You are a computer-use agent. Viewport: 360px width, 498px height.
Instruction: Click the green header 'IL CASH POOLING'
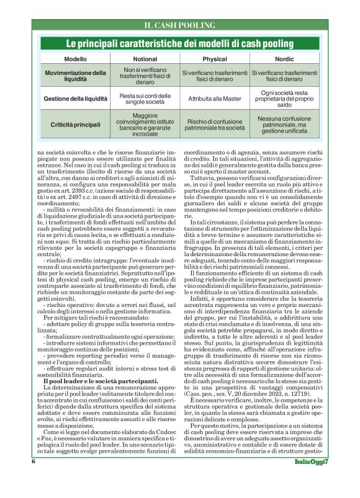(x=179, y=25)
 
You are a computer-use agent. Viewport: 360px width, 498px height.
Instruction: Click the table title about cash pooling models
(x=179, y=44)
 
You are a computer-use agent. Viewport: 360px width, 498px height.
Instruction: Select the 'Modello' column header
(x=76, y=59)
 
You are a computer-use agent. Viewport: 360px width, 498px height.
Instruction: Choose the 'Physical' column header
(x=214, y=59)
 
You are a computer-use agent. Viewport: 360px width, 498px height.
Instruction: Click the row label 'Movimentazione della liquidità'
(x=76, y=76)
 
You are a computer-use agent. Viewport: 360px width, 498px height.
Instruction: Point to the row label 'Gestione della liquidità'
(x=76, y=99)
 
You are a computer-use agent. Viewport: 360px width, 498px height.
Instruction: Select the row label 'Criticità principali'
(x=76, y=125)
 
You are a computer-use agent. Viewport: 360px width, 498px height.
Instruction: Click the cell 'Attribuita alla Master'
(x=214, y=99)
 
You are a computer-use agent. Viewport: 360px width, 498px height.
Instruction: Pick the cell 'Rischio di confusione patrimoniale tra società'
(x=214, y=125)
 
